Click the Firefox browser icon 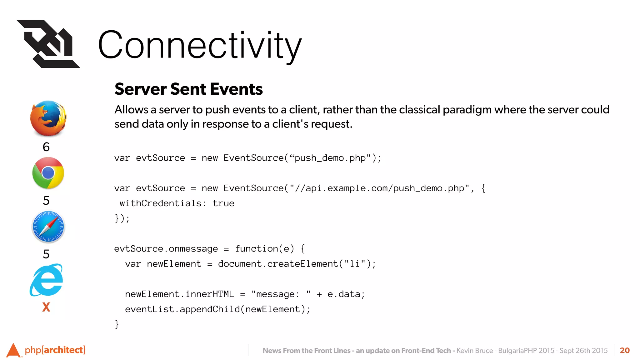[x=48, y=118]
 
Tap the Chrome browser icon [x=48, y=173]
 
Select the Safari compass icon [x=48, y=227]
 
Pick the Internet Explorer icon [x=46, y=280]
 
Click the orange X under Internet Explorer [x=46, y=307]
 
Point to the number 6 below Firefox [x=46, y=147]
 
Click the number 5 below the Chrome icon [x=46, y=200]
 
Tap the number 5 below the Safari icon [x=46, y=254]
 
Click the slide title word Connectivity [x=200, y=45]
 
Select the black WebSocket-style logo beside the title [x=48, y=44]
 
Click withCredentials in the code [x=161, y=203]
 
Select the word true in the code [x=223, y=203]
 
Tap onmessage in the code [x=193, y=249]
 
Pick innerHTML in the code [x=209, y=294]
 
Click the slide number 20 [x=625, y=350]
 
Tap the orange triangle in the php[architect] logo [x=13, y=350]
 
